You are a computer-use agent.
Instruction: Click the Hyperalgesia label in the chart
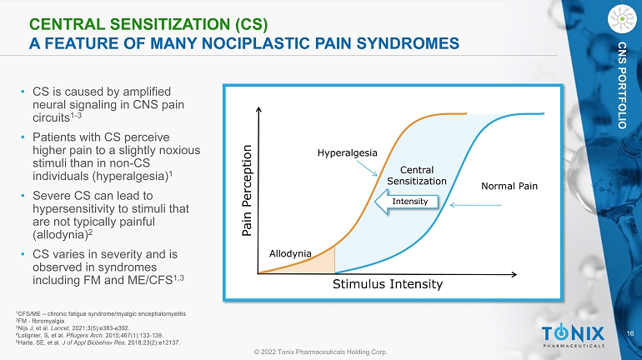348,152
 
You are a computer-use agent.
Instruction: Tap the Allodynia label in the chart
290,252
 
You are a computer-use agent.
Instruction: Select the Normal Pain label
509,185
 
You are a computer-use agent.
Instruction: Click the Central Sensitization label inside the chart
417,175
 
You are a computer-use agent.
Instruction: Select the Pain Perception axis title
248,190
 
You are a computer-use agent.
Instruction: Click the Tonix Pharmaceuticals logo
571,336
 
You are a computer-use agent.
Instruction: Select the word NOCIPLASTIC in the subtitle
282,41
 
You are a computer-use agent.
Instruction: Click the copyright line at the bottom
320,352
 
